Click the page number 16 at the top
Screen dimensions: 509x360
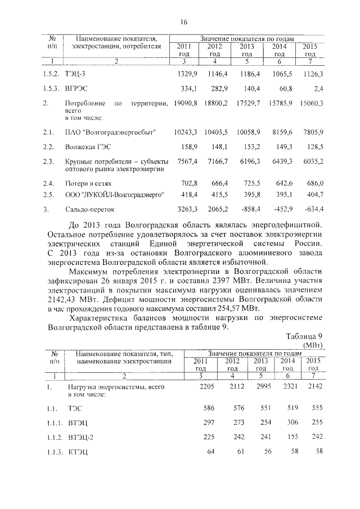tap(183, 22)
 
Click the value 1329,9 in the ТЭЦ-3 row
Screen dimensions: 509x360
tap(186, 74)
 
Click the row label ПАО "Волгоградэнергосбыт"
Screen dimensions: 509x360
tap(110, 132)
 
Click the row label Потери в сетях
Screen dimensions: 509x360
tap(89, 184)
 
